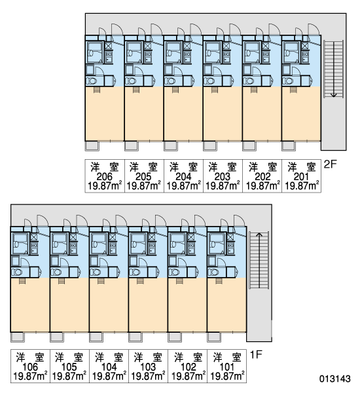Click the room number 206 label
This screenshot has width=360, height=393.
point(105,177)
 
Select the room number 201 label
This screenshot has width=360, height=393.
point(301,177)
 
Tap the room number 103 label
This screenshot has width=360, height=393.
point(148,367)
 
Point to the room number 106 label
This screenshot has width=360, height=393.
point(30,367)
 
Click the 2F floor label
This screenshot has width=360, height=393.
point(330,164)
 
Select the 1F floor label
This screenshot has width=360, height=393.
point(256,354)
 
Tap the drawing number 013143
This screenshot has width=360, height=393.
point(334,379)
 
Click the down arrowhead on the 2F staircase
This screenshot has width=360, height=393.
point(333,95)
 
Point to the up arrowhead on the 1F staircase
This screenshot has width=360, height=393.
point(259,235)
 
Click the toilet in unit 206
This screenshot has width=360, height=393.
point(91,81)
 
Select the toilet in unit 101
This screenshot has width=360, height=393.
point(213,272)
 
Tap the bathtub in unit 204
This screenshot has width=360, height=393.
point(173,52)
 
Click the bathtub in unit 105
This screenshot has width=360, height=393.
point(59,244)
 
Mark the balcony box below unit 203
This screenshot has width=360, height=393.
point(210,146)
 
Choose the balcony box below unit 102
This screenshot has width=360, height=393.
point(175,337)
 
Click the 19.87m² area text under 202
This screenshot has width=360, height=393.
point(262,186)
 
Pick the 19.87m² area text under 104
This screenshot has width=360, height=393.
point(109,377)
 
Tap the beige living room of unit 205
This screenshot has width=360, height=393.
point(144,114)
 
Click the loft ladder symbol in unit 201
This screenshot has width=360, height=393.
point(293,90)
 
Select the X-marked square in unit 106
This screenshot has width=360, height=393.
point(34,237)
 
